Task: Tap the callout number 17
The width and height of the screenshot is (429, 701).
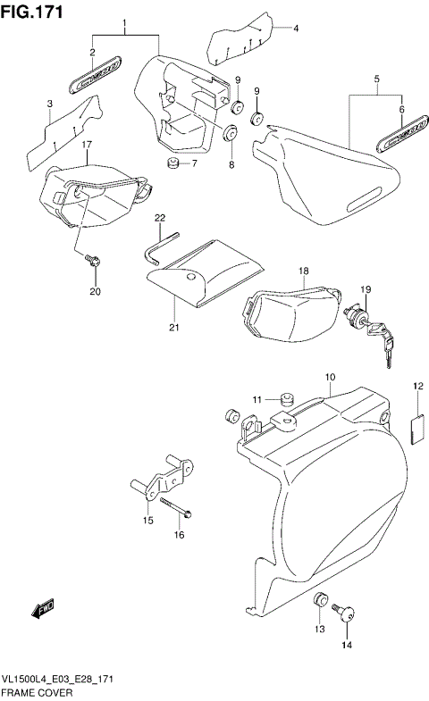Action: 88,145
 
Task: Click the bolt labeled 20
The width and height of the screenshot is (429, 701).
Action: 91,260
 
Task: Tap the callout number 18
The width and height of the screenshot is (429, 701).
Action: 303,271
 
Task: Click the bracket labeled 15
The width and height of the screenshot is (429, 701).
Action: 163,480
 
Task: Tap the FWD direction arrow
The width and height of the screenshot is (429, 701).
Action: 44,609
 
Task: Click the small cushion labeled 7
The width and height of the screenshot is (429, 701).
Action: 172,163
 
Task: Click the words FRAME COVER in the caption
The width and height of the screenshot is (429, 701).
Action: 31,692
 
